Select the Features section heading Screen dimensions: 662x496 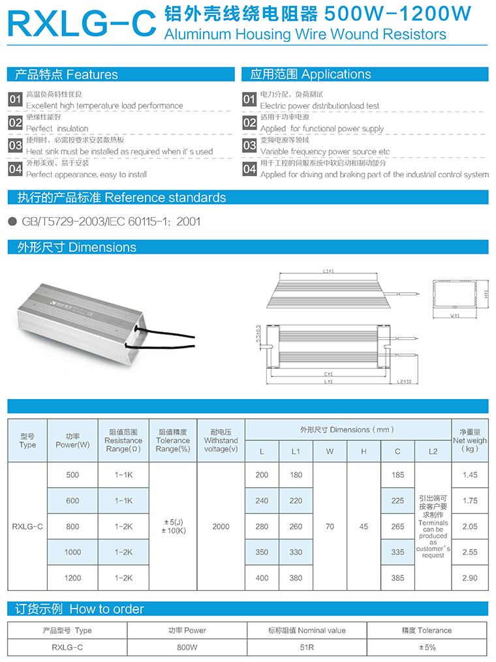[66, 74]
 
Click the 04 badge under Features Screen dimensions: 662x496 [15, 169]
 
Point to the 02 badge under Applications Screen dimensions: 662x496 [249, 123]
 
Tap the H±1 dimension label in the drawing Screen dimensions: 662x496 [486, 293]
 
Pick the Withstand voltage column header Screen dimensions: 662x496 [221, 440]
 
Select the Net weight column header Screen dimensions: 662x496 [470, 440]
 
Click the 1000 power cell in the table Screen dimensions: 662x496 [72, 552]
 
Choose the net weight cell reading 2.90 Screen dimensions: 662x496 [470, 578]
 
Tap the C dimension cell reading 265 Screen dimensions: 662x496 [397, 526]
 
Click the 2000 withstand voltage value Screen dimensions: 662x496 [221, 526]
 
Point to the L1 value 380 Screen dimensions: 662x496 [296, 578]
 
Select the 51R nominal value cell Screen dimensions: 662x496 [307, 648]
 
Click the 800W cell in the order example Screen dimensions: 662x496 [187, 648]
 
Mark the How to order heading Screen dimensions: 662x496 [80, 609]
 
